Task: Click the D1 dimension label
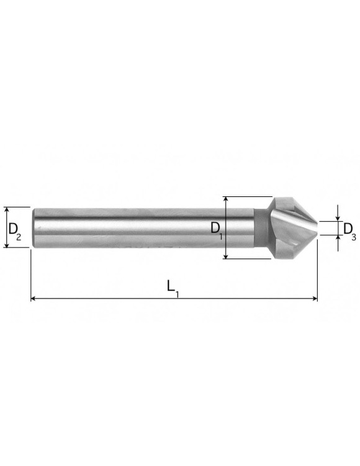[x=217, y=229]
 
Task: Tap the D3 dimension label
[x=349, y=231]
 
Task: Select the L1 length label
[x=173, y=288]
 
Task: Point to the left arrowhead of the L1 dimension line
[x=34, y=298]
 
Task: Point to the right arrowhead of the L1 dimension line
[x=315, y=298]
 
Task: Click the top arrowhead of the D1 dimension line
[x=227, y=199]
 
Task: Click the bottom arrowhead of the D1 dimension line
[x=227, y=255]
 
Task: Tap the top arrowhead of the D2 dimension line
[x=7, y=210]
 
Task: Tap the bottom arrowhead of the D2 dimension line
[x=7, y=244]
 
